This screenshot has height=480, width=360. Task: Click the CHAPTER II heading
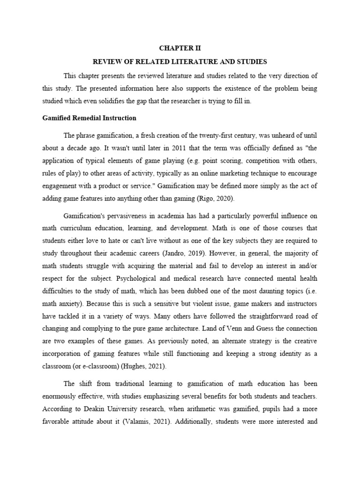click(x=180, y=48)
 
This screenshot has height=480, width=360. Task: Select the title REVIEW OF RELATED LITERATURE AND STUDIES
click(x=180, y=61)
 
